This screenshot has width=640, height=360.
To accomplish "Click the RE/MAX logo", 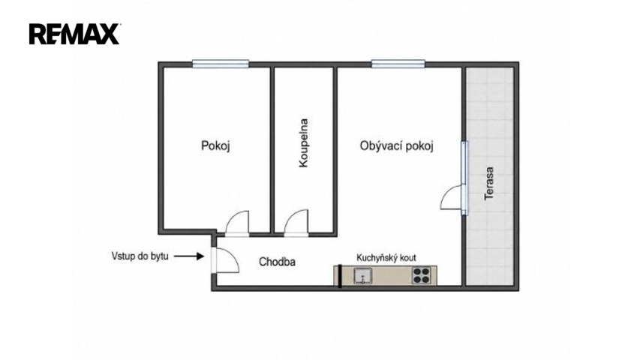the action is [x=74, y=34].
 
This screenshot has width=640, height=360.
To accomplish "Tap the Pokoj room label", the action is [x=215, y=145].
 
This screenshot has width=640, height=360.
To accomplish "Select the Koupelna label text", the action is [x=304, y=142].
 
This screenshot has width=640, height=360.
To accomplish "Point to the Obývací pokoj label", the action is [x=396, y=145].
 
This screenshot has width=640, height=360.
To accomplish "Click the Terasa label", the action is [x=489, y=183].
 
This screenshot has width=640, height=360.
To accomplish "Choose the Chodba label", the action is [x=277, y=262].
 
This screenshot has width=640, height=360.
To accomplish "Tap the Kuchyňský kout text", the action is [x=386, y=257].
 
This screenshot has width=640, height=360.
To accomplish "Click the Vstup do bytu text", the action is [x=140, y=256].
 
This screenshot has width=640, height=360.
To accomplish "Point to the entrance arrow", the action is [x=189, y=256].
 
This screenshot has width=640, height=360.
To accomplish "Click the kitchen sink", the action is [x=362, y=275].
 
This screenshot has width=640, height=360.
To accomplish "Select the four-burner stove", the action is [x=421, y=275].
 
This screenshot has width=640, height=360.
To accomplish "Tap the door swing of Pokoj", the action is [x=237, y=223].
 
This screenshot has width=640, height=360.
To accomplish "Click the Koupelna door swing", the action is [x=296, y=223].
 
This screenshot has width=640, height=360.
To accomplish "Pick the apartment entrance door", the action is [x=225, y=260].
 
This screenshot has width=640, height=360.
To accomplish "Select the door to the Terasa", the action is [x=452, y=197].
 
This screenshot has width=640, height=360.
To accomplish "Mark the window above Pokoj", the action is [x=221, y=64].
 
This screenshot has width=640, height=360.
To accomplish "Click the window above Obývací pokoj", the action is [x=398, y=64].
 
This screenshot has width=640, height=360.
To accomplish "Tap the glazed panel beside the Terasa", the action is [x=464, y=178].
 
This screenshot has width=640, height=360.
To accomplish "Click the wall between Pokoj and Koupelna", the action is [x=272, y=149].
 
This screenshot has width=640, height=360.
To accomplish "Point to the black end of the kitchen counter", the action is [x=340, y=276].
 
